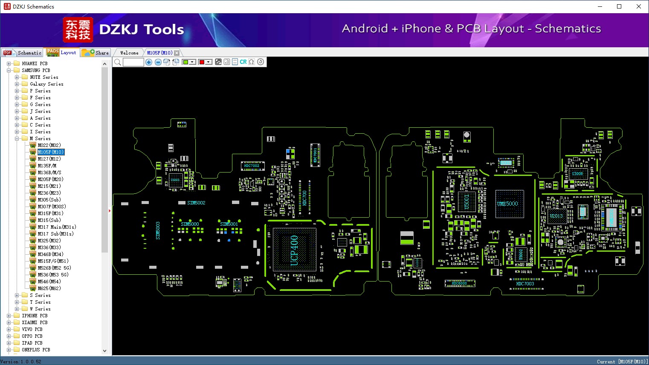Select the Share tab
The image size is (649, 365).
point(96,53)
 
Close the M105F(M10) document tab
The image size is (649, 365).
point(177,53)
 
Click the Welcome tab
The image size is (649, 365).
point(129,53)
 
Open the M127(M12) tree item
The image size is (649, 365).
point(49,159)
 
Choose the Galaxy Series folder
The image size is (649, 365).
point(46,84)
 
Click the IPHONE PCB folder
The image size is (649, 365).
point(35,316)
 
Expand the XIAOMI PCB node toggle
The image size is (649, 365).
point(9,322)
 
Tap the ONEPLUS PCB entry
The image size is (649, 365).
point(36,350)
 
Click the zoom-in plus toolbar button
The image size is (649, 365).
point(149,62)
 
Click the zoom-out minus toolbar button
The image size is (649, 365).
point(158,62)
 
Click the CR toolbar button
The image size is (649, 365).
point(243,62)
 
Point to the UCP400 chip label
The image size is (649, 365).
point(294,250)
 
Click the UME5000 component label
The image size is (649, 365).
point(507,204)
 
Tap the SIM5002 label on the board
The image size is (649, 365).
point(196,203)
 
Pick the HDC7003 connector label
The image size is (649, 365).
point(525,284)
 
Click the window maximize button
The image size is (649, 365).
point(619,6)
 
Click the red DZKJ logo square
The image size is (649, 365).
point(78,29)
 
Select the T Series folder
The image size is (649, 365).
point(40,302)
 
